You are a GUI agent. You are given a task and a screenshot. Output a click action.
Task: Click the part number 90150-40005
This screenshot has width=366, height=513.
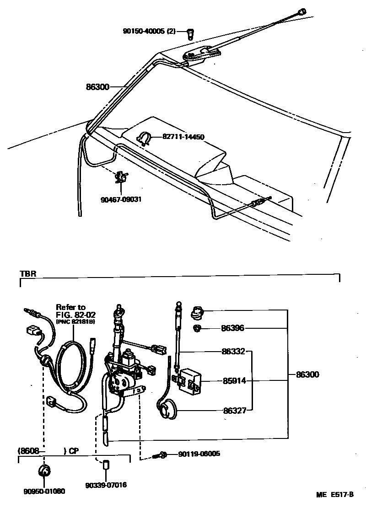148,32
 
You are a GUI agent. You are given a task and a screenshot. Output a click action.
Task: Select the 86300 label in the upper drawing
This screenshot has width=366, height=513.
97,86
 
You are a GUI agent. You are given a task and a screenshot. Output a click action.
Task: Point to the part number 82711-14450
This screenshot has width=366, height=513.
183,137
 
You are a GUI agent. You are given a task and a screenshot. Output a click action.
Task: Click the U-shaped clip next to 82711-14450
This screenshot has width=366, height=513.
144,138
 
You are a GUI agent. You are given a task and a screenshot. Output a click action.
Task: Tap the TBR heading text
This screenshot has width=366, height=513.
27,274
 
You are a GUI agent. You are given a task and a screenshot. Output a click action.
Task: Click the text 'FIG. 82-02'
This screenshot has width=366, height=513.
73,314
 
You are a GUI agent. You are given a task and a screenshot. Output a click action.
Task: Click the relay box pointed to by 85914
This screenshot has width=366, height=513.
189,380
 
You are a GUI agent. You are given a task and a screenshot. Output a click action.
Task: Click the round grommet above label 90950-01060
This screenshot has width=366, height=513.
44,471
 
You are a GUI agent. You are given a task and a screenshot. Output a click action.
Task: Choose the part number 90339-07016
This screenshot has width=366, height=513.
106,485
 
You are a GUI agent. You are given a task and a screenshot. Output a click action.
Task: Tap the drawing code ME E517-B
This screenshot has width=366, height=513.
335,495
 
